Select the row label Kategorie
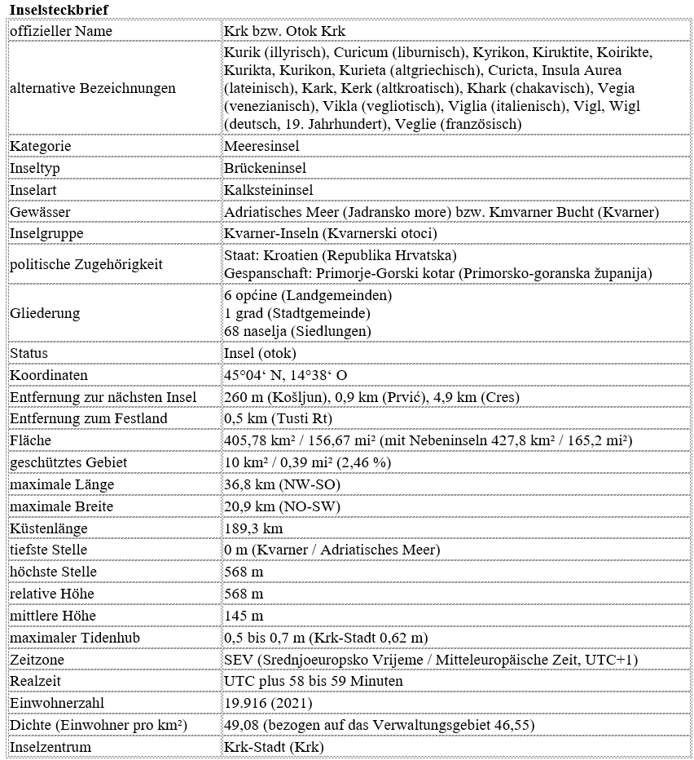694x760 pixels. (x=41, y=146)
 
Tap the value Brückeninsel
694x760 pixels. (x=265, y=168)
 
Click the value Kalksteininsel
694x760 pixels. (x=268, y=190)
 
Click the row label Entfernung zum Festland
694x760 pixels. (x=88, y=419)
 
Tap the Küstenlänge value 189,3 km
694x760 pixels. (x=252, y=528)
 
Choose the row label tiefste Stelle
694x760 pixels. (x=48, y=550)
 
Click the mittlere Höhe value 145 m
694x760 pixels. (x=244, y=616)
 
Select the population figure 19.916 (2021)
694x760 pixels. (x=263, y=703)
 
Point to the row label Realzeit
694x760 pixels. (x=35, y=681)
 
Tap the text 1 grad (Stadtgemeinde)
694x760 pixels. (x=296, y=313)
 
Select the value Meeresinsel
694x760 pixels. (x=261, y=146)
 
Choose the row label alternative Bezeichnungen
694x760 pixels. (x=92, y=88)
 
